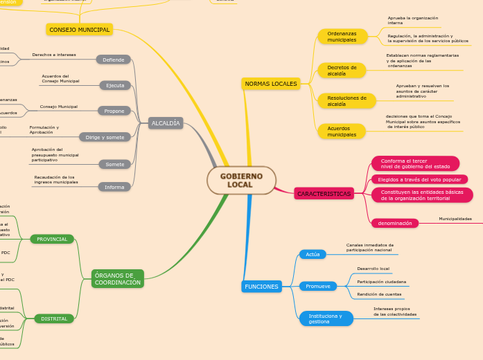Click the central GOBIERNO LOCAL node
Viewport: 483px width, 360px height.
click(x=241, y=181)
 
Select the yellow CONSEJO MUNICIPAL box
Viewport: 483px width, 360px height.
click(x=79, y=30)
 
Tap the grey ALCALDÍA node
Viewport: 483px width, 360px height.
click(x=166, y=123)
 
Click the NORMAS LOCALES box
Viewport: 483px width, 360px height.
click(x=271, y=84)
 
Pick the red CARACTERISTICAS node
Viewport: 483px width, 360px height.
click(x=324, y=194)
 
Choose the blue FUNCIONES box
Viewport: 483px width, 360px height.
click(x=261, y=287)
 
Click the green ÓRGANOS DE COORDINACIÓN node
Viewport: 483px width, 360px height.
click(x=117, y=279)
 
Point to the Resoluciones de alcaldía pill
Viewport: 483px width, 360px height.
click(x=346, y=101)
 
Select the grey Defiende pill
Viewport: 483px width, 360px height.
click(x=113, y=60)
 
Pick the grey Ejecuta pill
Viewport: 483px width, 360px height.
click(x=115, y=86)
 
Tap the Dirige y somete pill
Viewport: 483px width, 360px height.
click(x=105, y=137)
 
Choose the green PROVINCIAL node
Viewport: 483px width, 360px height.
click(x=52, y=239)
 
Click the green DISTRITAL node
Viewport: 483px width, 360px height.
click(x=54, y=318)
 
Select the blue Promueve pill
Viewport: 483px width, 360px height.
click(x=318, y=286)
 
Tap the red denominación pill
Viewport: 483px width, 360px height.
click(x=395, y=223)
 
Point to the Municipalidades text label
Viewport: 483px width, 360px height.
click(x=455, y=219)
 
